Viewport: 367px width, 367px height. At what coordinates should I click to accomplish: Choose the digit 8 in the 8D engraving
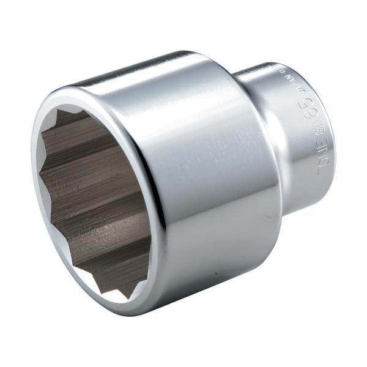coord(318,132)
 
